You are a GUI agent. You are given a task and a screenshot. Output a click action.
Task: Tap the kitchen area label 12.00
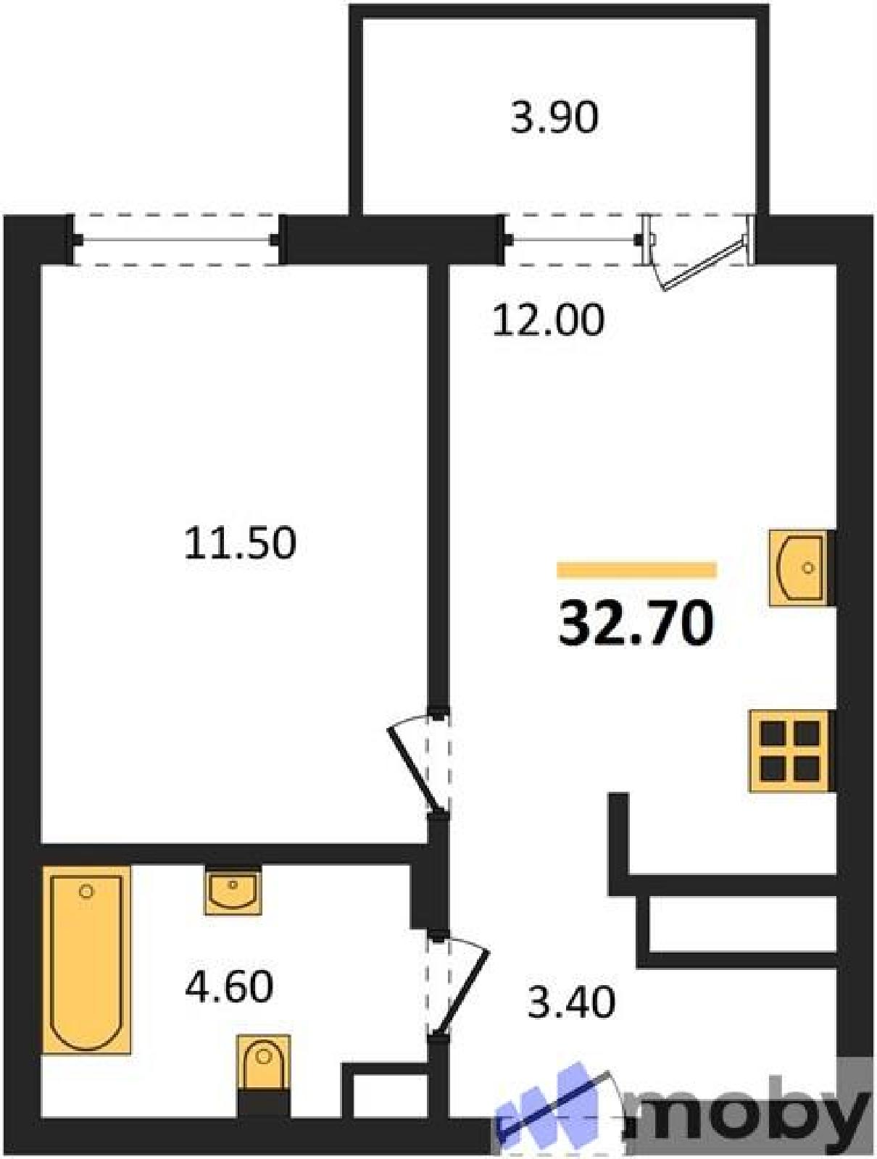point(548,320)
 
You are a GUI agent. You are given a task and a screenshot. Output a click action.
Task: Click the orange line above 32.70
point(636,570)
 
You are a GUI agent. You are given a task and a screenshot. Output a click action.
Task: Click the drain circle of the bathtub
point(86,892)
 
